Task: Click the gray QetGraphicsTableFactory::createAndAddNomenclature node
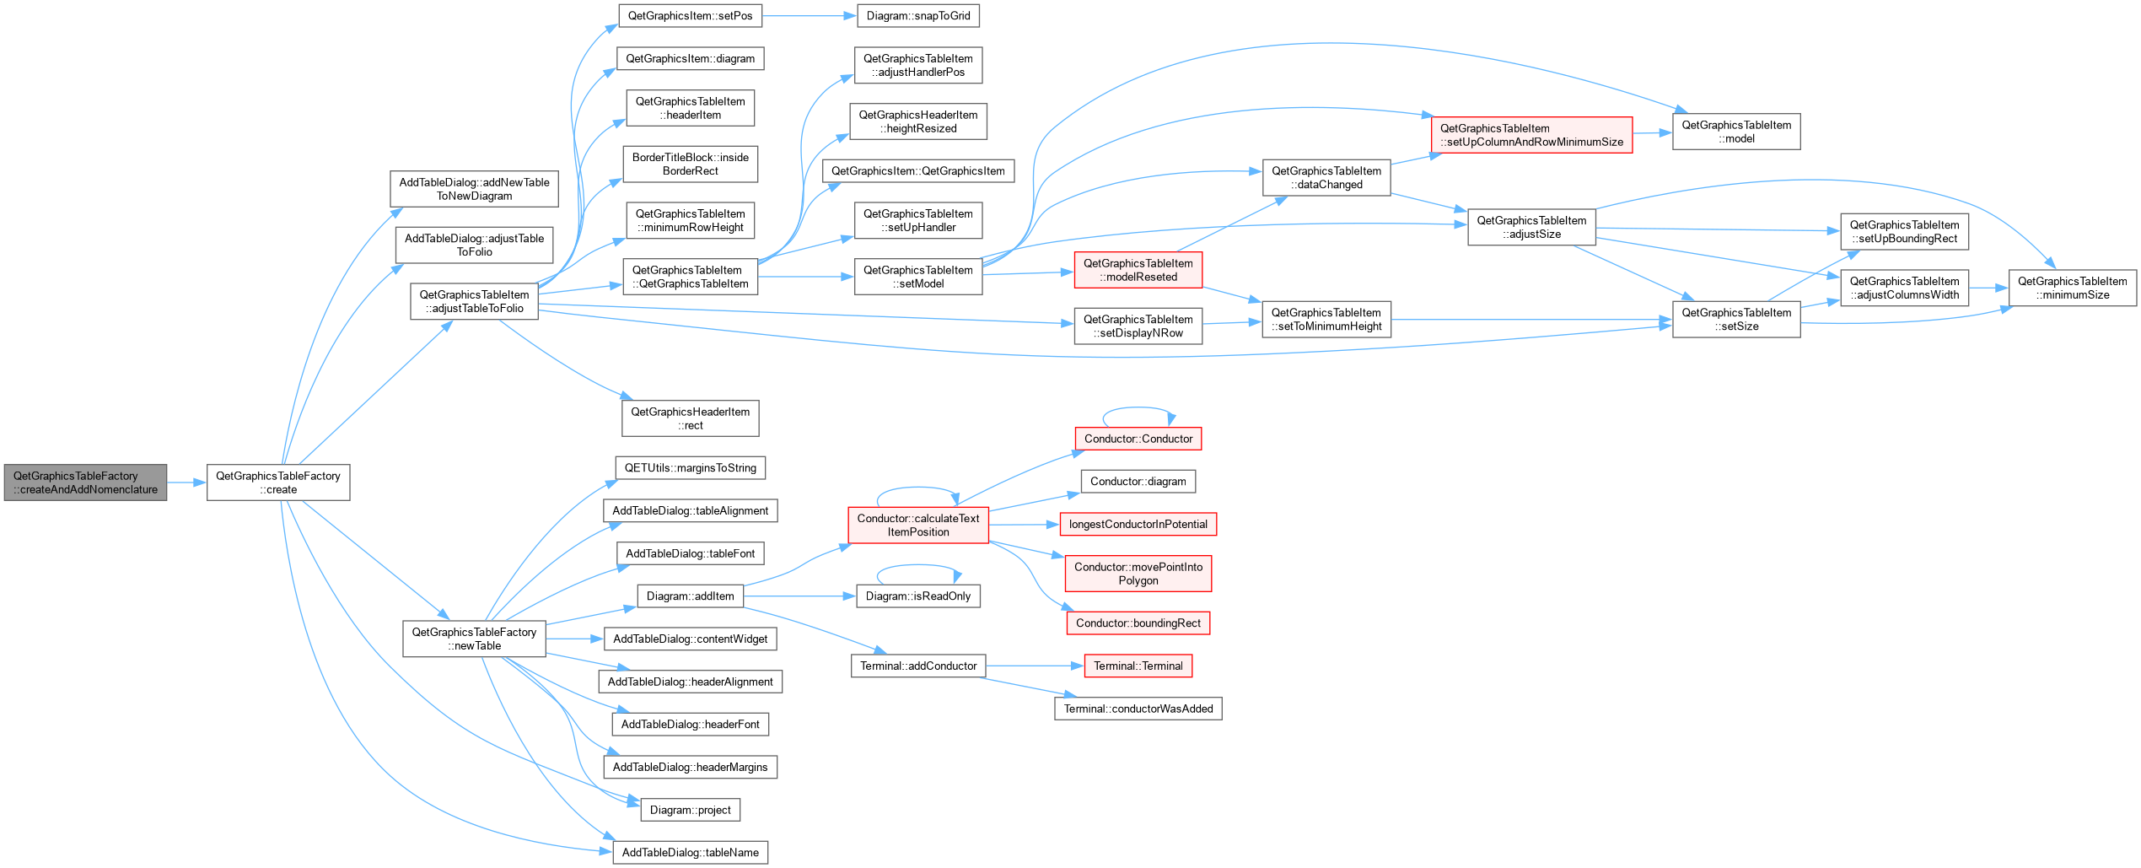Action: click(x=85, y=483)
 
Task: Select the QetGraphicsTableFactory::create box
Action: click(x=278, y=483)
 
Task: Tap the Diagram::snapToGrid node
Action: click(x=918, y=16)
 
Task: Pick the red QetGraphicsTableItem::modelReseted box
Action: click(x=1138, y=270)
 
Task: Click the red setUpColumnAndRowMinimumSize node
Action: click(x=1531, y=135)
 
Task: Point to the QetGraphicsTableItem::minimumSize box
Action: click(x=2072, y=288)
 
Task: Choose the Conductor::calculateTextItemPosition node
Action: click(x=918, y=525)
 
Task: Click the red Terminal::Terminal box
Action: click(x=1138, y=666)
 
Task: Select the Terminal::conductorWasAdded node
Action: click(x=1138, y=709)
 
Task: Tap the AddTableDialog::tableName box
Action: click(x=691, y=852)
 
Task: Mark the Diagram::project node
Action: click(x=691, y=810)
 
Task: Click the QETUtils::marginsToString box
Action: click(x=691, y=468)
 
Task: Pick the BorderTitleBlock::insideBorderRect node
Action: click(x=691, y=164)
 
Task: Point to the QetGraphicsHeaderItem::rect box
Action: click(x=691, y=418)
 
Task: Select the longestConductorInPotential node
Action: click(x=1138, y=524)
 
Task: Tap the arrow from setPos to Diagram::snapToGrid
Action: click(x=810, y=16)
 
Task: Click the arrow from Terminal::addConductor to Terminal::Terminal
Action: click(x=1036, y=666)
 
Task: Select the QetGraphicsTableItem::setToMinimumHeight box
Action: click(x=1326, y=320)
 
